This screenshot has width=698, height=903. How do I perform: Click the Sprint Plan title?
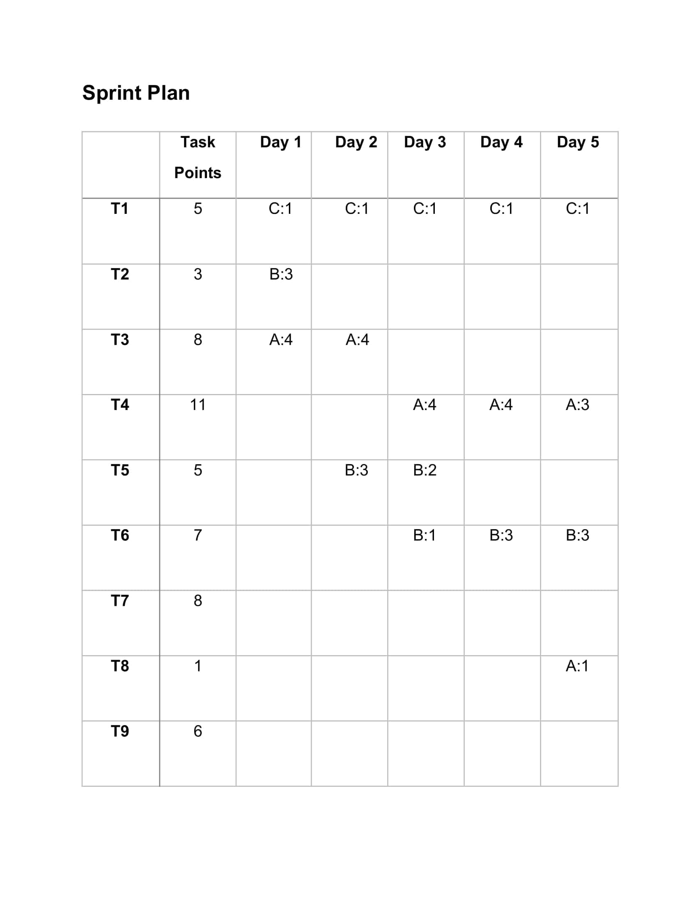pyautogui.click(x=135, y=93)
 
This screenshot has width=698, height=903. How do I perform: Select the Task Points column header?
pyautogui.click(x=197, y=157)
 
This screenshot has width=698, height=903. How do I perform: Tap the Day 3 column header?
pyautogui.click(x=425, y=142)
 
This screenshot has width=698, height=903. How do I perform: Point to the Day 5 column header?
pyautogui.click(x=578, y=142)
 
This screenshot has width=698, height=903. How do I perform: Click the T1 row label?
pyautogui.click(x=119, y=209)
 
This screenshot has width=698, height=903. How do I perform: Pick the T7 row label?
pyautogui.click(x=119, y=600)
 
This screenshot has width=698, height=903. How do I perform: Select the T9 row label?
pyautogui.click(x=119, y=731)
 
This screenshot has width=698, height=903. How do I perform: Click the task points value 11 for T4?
pyautogui.click(x=197, y=404)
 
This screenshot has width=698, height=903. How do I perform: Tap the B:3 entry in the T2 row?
pyautogui.click(x=281, y=274)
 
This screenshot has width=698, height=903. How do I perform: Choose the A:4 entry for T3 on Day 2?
pyautogui.click(x=357, y=339)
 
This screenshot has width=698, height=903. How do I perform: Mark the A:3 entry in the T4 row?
pyautogui.click(x=577, y=404)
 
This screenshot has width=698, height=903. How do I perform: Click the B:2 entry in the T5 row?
pyautogui.click(x=425, y=470)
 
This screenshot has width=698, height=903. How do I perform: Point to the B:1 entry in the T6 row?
pyautogui.click(x=424, y=535)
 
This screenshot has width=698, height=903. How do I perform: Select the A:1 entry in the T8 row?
pyautogui.click(x=577, y=666)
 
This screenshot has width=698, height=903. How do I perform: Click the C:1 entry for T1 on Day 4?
pyautogui.click(x=501, y=209)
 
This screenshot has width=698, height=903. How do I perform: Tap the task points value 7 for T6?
pyautogui.click(x=197, y=535)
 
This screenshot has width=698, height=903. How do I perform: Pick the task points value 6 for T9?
pyautogui.click(x=197, y=731)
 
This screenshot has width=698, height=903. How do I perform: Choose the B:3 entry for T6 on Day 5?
pyautogui.click(x=577, y=535)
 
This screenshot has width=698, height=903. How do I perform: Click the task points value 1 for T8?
pyautogui.click(x=197, y=666)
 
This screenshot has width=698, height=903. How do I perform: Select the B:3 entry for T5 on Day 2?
pyautogui.click(x=356, y=470)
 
